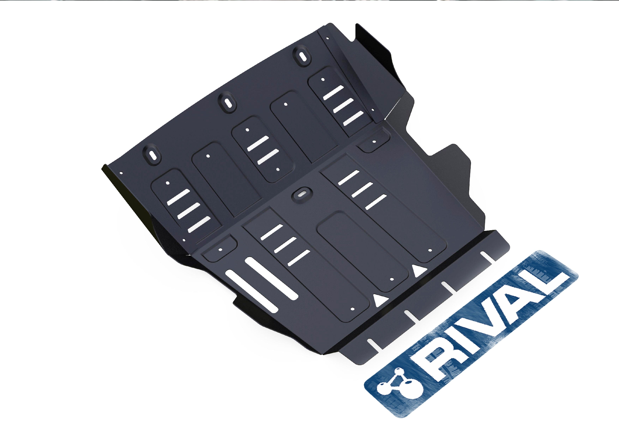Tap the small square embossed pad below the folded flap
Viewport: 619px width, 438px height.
pos(374,142)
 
